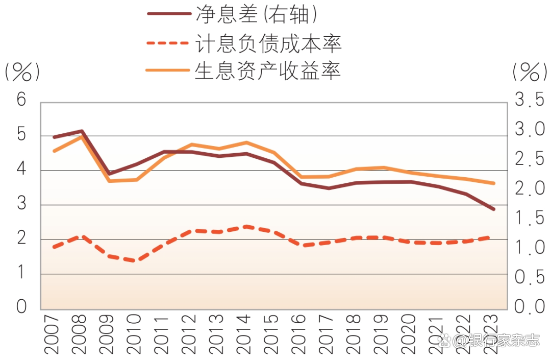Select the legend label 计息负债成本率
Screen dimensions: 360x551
[x=268, y=43]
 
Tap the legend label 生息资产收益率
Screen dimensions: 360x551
[x=268, y=71]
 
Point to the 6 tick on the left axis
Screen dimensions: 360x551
[x=21, y=100]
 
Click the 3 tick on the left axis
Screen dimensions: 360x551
[x=21, y=204]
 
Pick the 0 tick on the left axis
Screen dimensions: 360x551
[x=21, y=307]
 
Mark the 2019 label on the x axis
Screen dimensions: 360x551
[x=383, y=334]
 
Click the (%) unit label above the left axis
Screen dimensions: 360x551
[x=21, y=73]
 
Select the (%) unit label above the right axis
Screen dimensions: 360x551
[x=530, y=73]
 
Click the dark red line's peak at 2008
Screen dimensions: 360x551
[x=82, y=131]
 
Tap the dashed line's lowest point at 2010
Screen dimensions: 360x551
[x=134, y=261]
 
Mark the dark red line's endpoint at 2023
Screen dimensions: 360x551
[x=494, y=209]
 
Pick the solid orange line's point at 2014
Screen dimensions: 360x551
[x=246, y=142]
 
